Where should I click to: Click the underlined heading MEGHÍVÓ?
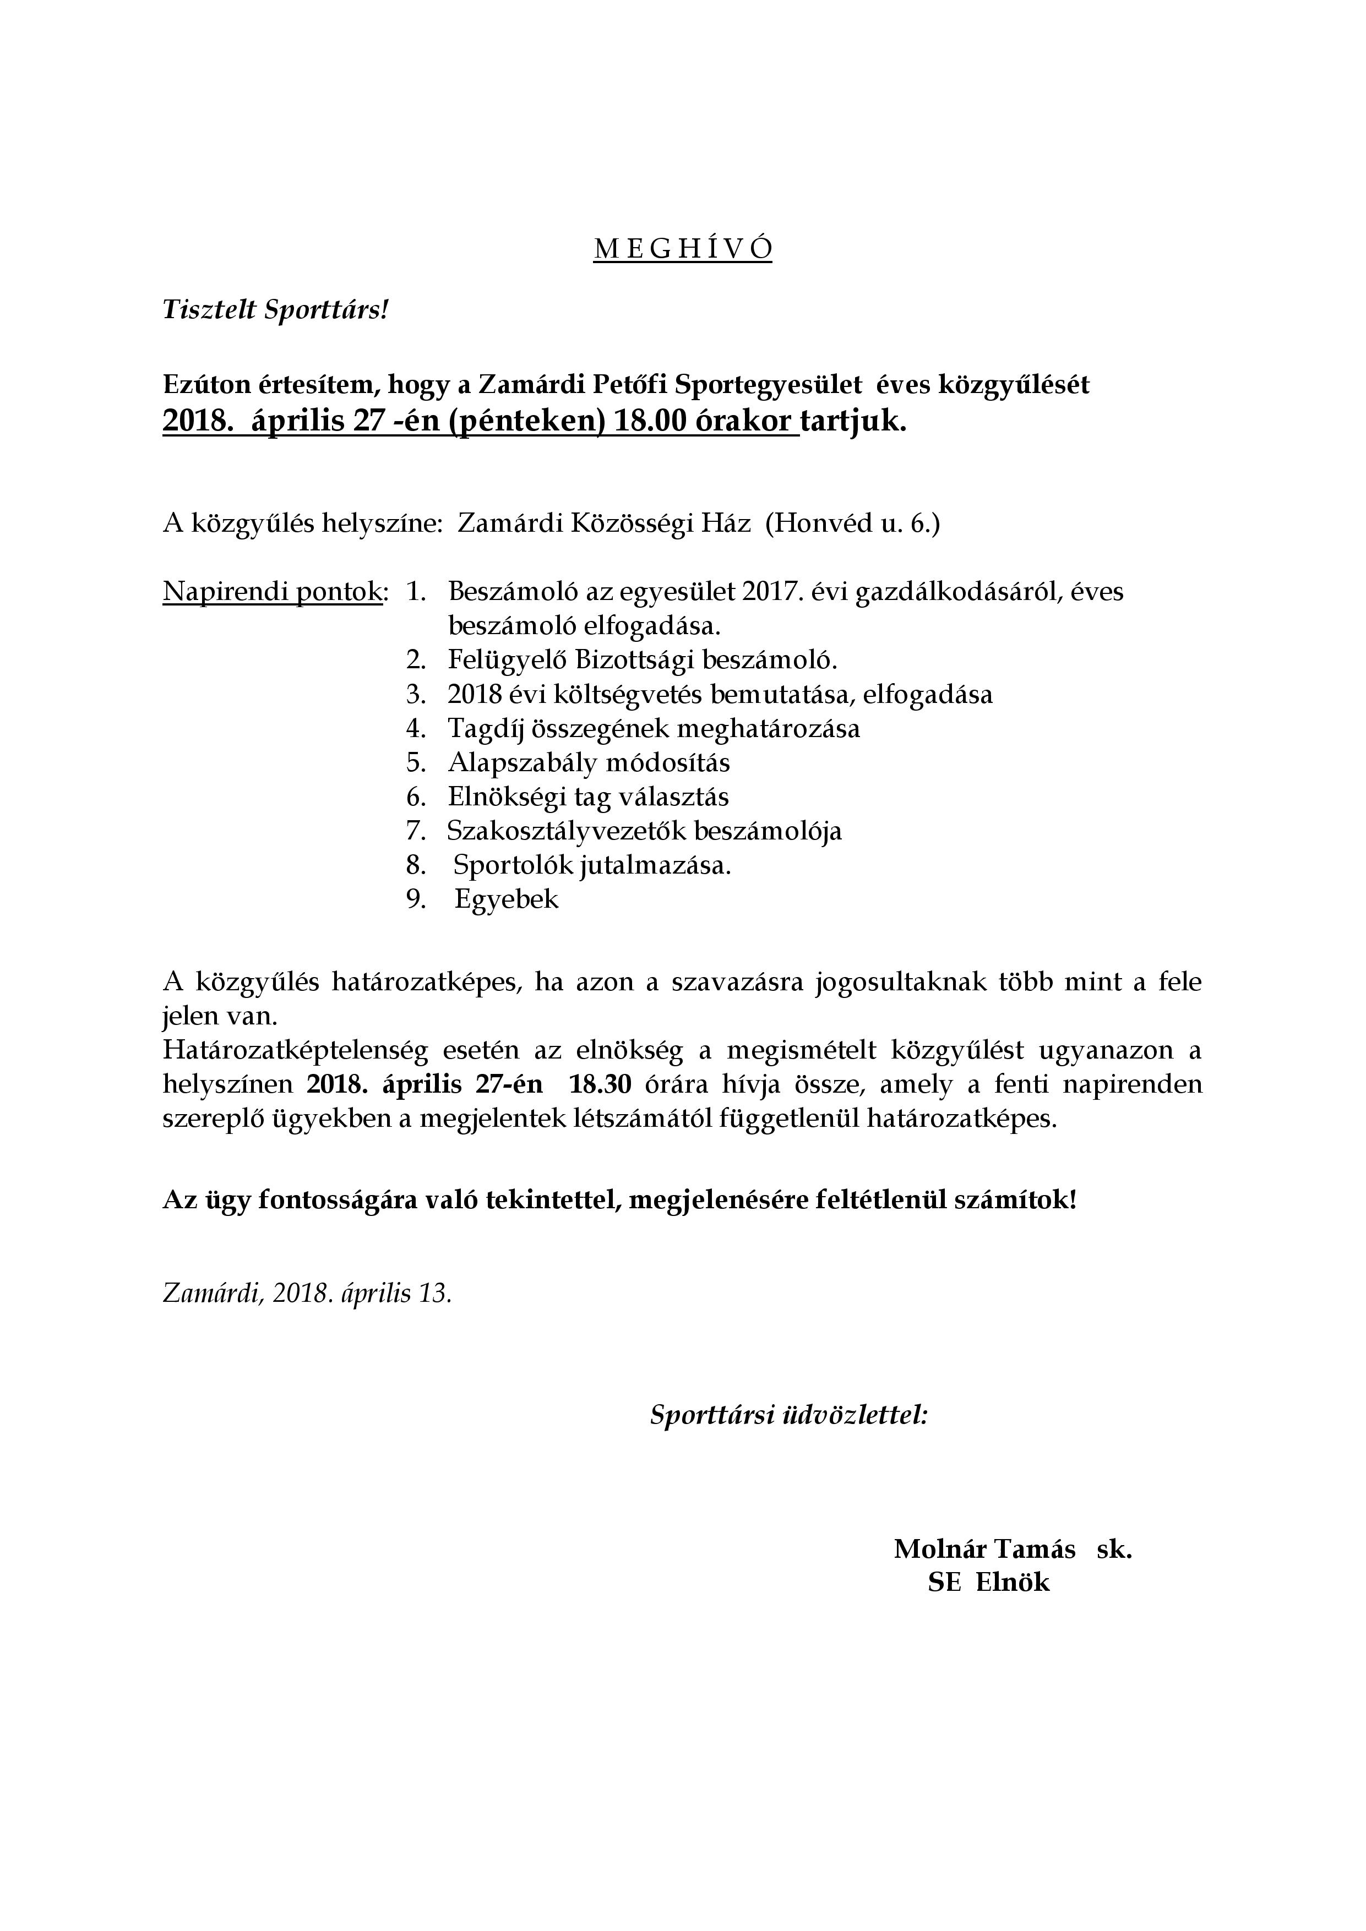682,249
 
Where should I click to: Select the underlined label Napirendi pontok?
273,592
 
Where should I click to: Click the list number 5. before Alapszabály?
416,763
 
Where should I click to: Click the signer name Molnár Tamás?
984,1549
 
